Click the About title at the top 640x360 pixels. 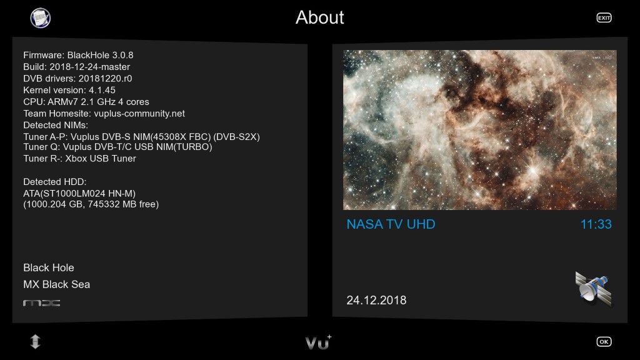tap(319, 17)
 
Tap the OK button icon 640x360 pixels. tap(604, 342)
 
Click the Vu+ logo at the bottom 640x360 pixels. tap(318, 342)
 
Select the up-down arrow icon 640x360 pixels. tap(36, 342)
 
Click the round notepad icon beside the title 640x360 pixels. tap(41, 18)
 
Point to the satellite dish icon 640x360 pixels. tap(594, 289)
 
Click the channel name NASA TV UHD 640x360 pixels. tap(391, 224)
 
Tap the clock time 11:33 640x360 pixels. tap(596, 224)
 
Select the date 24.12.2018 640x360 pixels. tap(376, 301)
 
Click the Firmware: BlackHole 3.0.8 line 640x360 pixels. tap(78, 55)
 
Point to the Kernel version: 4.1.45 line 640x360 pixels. tap(69, 90)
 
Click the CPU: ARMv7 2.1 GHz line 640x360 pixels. tap(86, 102)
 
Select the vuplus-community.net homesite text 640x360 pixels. tap(139, 114)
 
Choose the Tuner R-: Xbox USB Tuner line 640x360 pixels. tap(79, 158)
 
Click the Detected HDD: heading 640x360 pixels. tap(55, 182)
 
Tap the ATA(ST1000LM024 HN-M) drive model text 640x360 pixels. tap(79, 194)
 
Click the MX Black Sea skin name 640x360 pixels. tap(57, 284)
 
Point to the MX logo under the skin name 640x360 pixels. tap(42, 303)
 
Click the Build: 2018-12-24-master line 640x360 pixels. tap(77, 67)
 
